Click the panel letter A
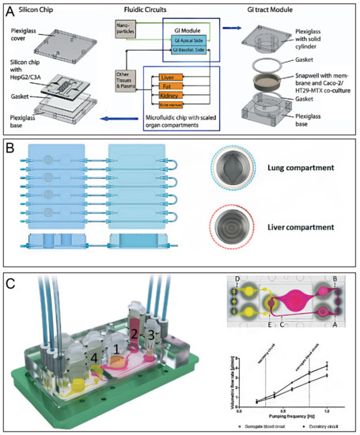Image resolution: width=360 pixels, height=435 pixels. tap(13, 10)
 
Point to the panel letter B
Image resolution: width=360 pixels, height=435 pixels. tap(13, 149)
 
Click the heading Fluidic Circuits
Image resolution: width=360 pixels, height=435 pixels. tap(164, 9)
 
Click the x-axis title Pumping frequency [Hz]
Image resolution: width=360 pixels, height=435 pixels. tap(286, 415)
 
